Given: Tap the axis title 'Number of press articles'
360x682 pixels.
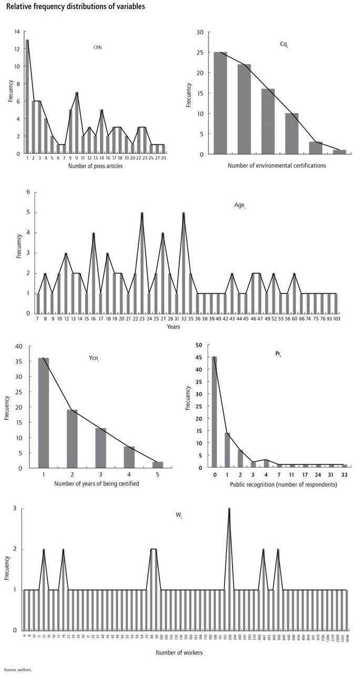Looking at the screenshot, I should pos(96,167).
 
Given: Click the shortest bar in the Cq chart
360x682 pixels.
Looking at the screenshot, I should pos(339,152).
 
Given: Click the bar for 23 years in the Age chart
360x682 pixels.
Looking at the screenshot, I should pos(142,263).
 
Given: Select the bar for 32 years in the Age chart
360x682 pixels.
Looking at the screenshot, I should pos(183,263).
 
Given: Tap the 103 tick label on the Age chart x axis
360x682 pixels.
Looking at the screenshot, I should pos(335,319).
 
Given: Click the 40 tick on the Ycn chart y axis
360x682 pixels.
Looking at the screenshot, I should pos(19,346).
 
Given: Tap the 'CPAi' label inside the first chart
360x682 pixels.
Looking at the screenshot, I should pos(97,48).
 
